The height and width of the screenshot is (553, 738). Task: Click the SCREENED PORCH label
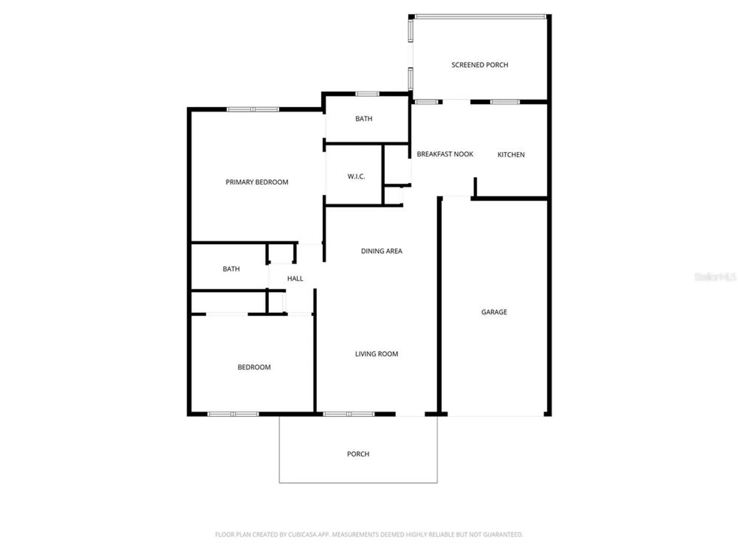(x=479, y=65)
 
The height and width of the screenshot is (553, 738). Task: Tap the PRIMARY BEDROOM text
(x=257, y=182)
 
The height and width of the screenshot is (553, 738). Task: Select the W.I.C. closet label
(x=356, y=177)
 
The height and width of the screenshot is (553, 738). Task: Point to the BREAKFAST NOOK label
(x=445, y=154)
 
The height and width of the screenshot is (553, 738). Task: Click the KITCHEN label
(x=511, y=155)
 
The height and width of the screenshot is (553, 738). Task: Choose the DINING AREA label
(x=381, y=251)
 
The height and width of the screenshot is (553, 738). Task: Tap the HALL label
(x=295, y=279)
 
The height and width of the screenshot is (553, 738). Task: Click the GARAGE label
(x=494, y=312)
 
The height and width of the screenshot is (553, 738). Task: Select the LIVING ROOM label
(x=376, y=354)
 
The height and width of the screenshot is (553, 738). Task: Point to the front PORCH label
(x=358, y=454)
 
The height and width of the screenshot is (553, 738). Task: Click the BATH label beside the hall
(x=231, y=269)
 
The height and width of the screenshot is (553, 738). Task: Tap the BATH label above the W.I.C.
(x=363, y=119)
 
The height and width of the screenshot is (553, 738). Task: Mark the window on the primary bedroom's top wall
(x=253, y=109)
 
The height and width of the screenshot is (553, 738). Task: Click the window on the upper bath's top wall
(x=367, y=94)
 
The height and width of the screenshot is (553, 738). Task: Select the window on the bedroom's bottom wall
(x=233, y=414)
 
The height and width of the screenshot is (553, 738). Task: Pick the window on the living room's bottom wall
(x=349, y=414)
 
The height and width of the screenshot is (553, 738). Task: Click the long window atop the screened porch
(x=480, y=17)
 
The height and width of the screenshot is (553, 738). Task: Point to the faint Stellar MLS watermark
(x=715, y=277)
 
